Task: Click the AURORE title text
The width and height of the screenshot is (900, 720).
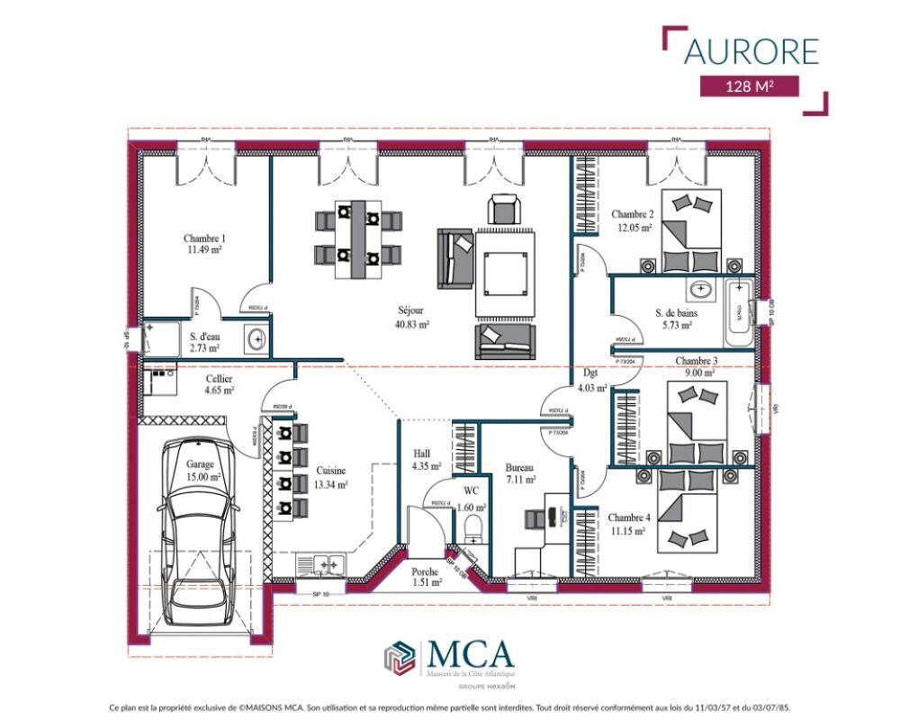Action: point(751,50)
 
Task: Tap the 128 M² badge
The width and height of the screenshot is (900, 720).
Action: point(751,86)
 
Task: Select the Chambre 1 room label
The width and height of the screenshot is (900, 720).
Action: point(204,244)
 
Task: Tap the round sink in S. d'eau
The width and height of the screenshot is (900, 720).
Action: point(256,339)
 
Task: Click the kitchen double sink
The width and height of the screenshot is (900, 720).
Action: point(321,565)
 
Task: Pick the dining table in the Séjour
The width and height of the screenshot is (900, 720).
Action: point(357,239)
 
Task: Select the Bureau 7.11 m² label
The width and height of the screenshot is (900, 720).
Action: point(520,473)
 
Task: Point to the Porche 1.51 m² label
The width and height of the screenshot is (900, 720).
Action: point(426,577)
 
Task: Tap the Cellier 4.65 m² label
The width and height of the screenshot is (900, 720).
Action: point(219,385)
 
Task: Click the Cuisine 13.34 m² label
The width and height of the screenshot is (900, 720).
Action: point(330,477)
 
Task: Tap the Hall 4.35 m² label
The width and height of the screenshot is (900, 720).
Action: point(426,460)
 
